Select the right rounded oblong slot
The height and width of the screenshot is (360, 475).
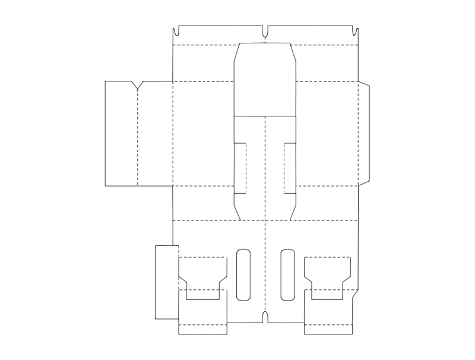click(287, 274)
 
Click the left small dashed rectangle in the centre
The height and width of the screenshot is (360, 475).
click(240, 168)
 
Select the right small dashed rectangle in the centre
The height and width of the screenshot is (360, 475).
click(290, 168)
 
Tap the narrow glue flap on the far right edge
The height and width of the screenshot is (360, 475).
click(365, 134)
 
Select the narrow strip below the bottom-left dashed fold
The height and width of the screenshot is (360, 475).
click(202, 329)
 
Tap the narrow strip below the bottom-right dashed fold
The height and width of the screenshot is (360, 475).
click(327, 329)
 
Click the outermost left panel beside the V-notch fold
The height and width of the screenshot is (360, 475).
click(121, 134)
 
